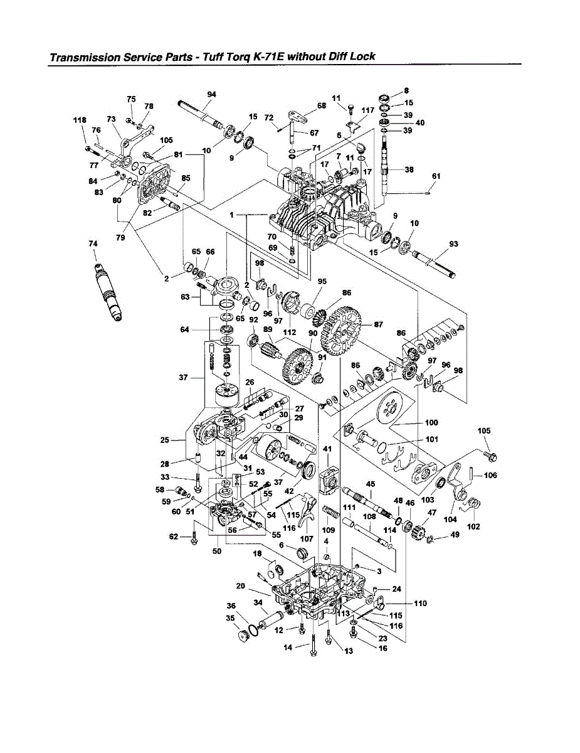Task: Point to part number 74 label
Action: click(93, 243)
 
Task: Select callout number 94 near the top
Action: click(211, 94)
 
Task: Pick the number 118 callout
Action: click(79, 120)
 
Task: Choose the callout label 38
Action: click(409, 169)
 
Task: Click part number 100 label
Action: click(431, 422)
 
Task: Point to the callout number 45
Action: click(371, 484)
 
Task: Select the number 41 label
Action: click(327, 449)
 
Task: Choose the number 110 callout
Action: click(420, 603)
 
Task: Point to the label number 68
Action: click(322, 106)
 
